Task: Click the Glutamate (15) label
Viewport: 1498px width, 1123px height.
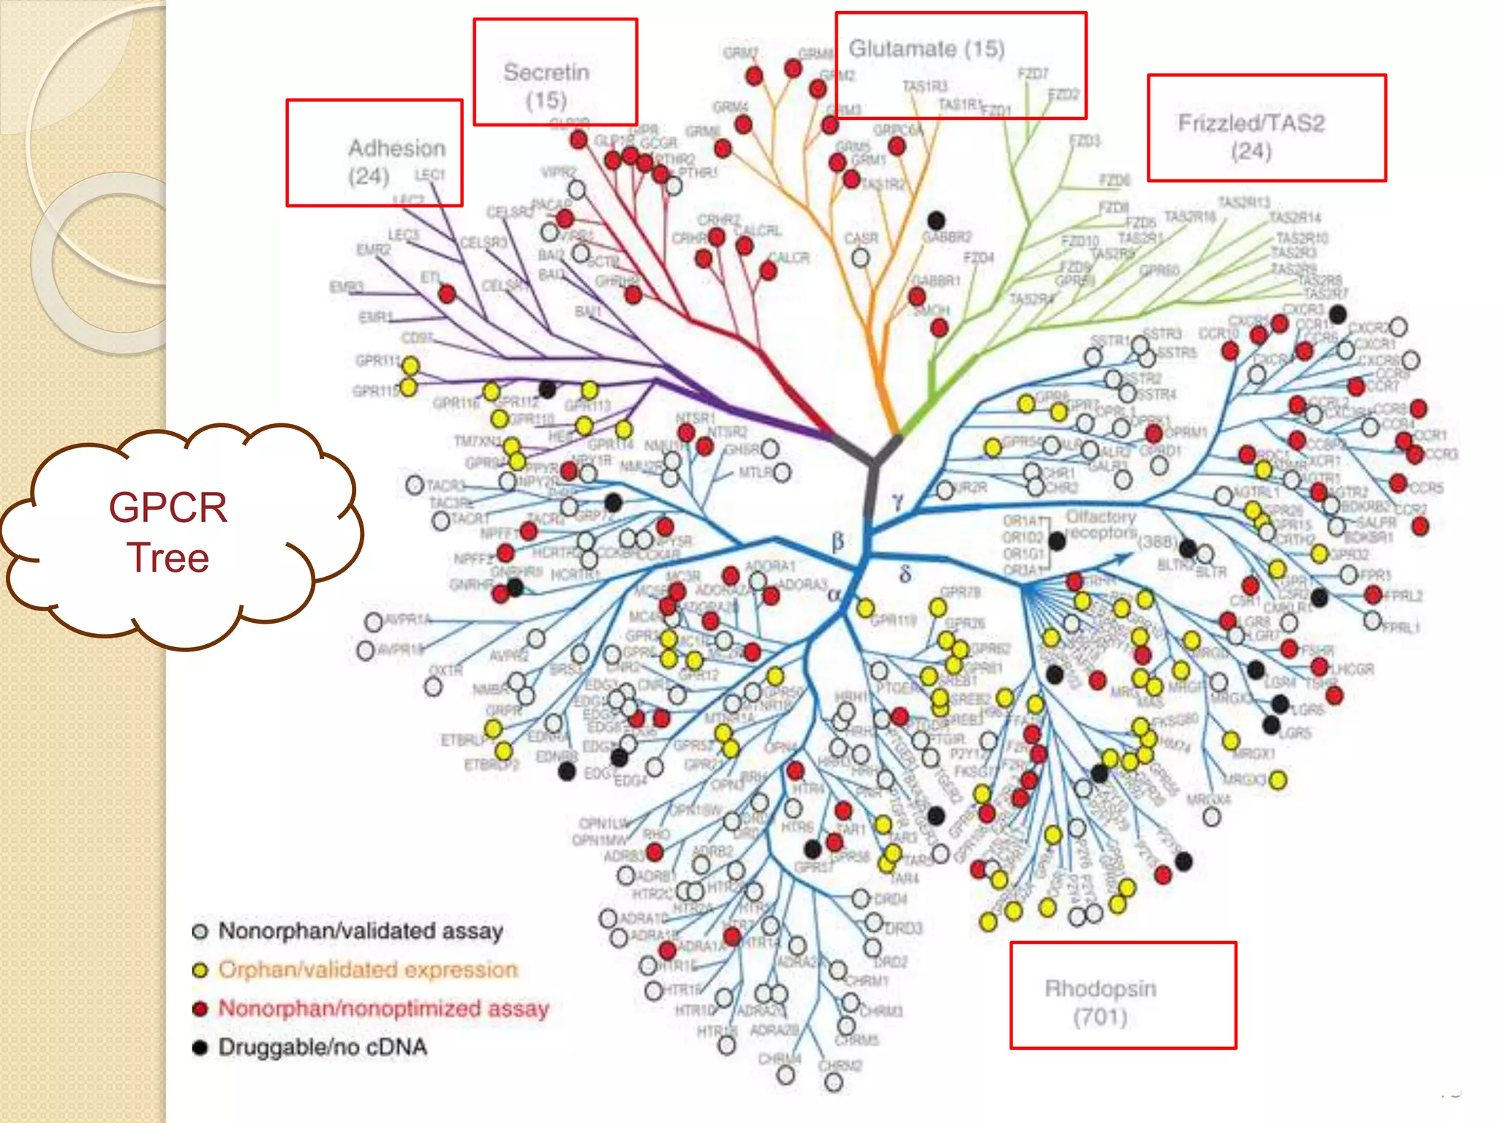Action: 926,49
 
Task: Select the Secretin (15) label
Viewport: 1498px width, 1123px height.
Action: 546,86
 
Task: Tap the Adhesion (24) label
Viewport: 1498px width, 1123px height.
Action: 396,162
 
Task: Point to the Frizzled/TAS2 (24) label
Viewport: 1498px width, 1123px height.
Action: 1251,137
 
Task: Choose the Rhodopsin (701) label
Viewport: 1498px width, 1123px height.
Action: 1100,1002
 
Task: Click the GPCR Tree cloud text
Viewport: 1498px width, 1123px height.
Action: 168,532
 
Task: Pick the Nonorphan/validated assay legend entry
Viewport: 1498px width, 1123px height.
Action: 360,931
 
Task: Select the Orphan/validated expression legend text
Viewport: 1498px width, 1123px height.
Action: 368,969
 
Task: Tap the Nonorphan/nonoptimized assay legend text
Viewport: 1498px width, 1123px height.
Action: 383,1008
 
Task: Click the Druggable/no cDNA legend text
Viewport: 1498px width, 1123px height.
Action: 323,1047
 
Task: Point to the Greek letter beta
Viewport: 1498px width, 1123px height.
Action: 838,542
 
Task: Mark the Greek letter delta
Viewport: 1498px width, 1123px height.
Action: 905,574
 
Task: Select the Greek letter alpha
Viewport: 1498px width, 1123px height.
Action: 834,594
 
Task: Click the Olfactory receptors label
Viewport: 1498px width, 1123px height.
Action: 1101,525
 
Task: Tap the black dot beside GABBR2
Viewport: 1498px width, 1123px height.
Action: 936,220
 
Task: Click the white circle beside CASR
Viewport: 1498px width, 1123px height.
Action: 861,257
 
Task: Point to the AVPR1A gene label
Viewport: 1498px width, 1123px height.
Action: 408,620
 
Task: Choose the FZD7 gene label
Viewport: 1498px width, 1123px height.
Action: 1033,74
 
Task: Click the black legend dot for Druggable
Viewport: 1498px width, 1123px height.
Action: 200,1047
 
